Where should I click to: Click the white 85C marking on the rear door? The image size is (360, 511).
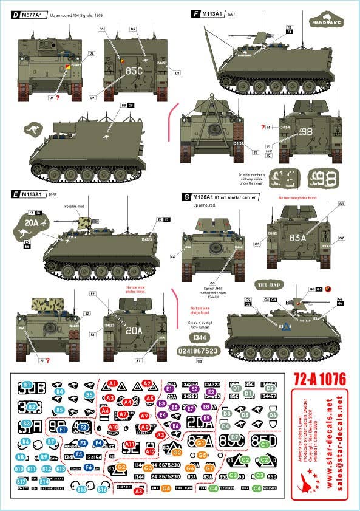tap(134, 70)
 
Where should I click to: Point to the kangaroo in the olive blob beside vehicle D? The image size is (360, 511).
tap(31, 129)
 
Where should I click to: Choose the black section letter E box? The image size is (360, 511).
tap(14, 194)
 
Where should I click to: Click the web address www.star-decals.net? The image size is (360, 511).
tap(329, 450)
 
